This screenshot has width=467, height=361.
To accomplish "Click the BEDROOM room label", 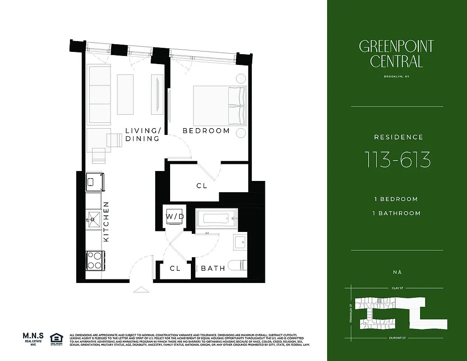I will [206, 131].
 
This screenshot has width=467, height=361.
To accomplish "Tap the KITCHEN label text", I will [106, 222].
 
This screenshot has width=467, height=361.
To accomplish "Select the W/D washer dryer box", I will [175, 216].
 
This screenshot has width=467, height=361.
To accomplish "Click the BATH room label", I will [213, 268].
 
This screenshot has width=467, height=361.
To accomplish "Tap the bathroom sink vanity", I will [240, 242].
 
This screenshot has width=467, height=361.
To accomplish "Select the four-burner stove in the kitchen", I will [95, 260].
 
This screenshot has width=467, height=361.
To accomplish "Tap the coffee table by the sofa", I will [125, 94].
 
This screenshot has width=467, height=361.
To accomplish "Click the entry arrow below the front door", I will [140, 290].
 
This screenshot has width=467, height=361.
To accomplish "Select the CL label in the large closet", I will [202, 185].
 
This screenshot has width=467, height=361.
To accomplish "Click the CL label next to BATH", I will [175, 268].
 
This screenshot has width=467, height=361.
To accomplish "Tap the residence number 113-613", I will [397, 160].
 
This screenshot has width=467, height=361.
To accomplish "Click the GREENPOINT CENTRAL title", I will [397, 54].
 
